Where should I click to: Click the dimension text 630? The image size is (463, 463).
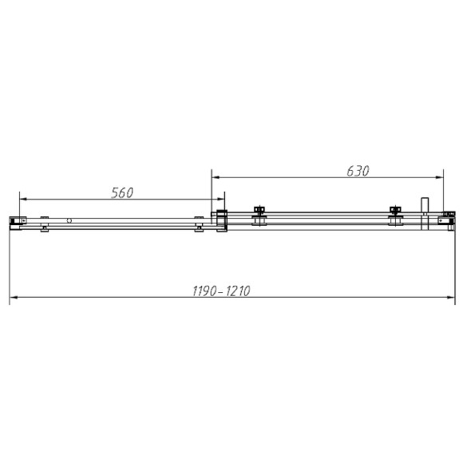pyautogui.click(x=356, y=170)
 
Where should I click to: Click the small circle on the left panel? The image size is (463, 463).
pyautogui.click(x=70, y=220)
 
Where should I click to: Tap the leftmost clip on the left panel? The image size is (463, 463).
pyautogui.click(x=45, y=223)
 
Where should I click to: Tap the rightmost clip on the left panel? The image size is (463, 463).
pyautogui.click(x=198, y=223)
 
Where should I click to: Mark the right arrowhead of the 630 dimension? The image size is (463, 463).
pyautogui.click(x=441, y=176)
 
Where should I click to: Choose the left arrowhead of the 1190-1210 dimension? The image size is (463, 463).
pyautogui.click(x=14, y=299)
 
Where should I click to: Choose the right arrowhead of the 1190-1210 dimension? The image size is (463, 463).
pyautogui.click(x=449, y=299)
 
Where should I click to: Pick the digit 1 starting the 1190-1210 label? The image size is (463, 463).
pyautogui.click(x=194, y=291)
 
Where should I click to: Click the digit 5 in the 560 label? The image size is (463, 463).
pyautogui.click(x=113, y=192)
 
